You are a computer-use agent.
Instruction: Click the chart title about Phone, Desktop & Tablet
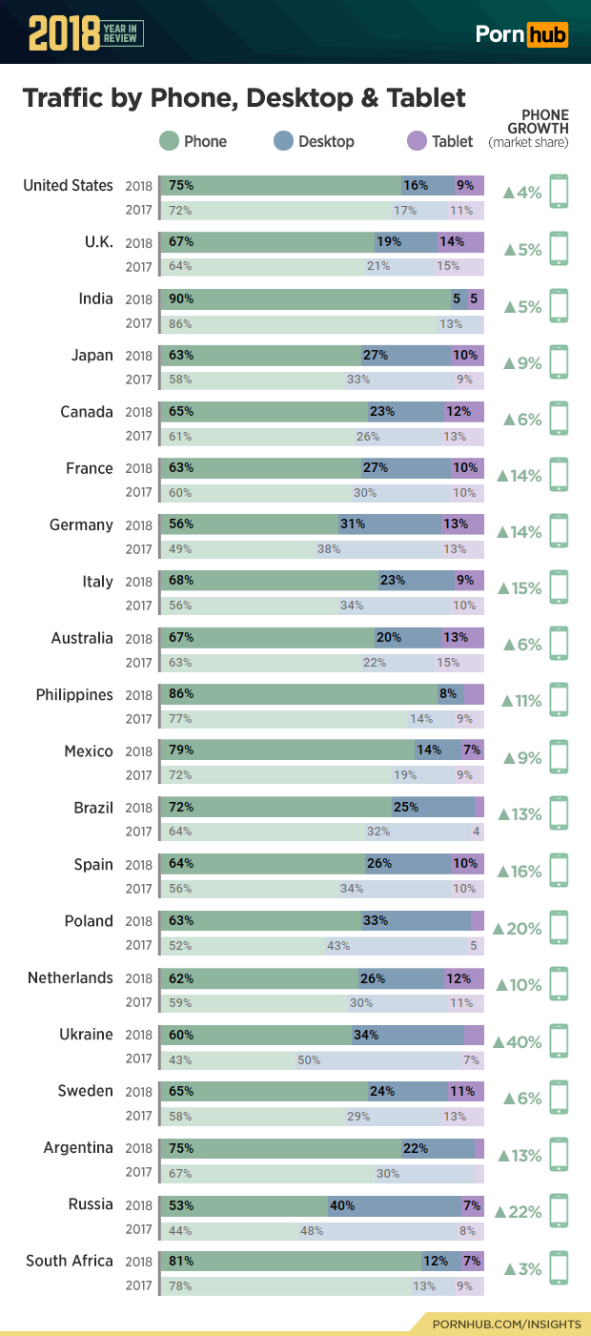pyautogui.click(x=244, y=98)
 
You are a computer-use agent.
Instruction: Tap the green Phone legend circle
pyautogui.click(x=169, y=141)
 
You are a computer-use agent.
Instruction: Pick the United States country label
pyautogui.click(x=68, y=185)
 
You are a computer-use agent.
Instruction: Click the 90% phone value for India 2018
pyautogui.click(x=181, y=298)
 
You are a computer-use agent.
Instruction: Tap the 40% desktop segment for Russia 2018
pyautogui.click(x=342, y=1205)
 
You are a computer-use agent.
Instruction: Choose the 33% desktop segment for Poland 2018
pyautogui.click(x=375, y=921)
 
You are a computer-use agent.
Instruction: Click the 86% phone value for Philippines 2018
pyautogui.click(x=181, y=695)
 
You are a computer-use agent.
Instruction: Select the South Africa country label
pyautogui.click(x=69, y=1261)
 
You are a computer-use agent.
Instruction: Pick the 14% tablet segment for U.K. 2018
pyautogui.click(x=452, y=241)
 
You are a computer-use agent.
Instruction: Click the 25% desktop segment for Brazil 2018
pyautogui.click(x=405, y=808)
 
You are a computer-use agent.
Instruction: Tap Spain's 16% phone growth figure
pyautogui.click(x=520, y=872)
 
